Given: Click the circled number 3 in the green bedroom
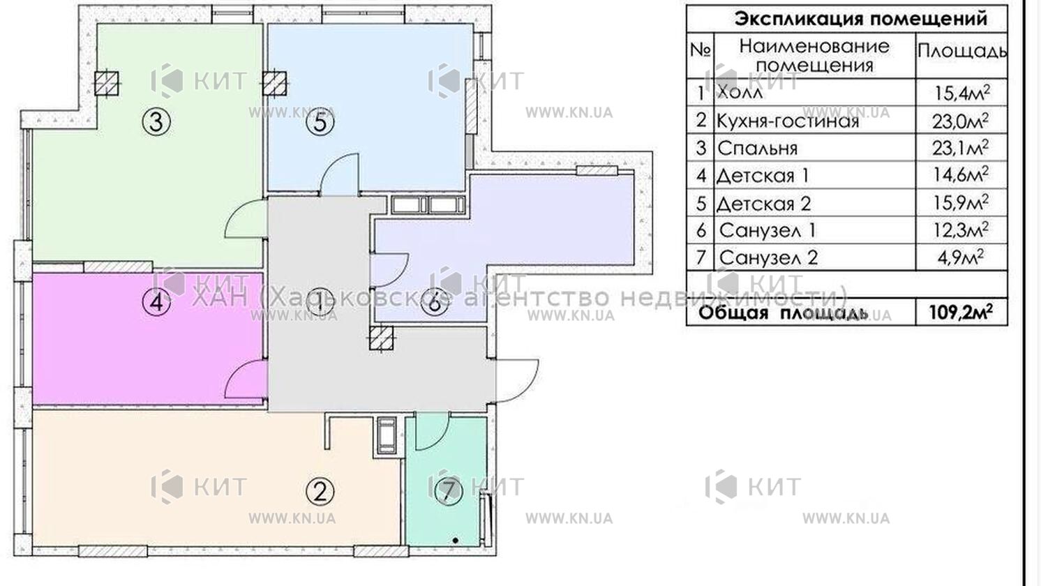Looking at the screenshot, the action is tap(156, 122).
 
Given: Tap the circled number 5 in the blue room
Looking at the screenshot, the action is tap(320, 122).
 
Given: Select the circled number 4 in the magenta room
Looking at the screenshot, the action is tap(156, 302).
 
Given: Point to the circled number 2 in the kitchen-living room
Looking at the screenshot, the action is tap(320, 490).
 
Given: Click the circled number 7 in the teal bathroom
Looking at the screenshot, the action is tap(448, 490).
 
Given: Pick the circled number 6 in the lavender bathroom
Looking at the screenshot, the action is tap(435, 303).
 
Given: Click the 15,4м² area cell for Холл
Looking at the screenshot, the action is tap(961, 93).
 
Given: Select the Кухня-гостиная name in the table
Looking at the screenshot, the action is tap(788, 121).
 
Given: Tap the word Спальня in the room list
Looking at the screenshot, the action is tap(757, 148).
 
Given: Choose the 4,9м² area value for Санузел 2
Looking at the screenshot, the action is tap(961, 257).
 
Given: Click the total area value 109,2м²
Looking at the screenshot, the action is tap(961, 313).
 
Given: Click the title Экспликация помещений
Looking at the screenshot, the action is tap(861, 19).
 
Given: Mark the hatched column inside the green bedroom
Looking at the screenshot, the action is tap(106, 84).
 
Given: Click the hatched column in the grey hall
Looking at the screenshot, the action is tap(381, 338).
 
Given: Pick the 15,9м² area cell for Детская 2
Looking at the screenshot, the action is tap(961, 203).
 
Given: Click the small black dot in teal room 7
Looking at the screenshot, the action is tap(456, 541).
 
